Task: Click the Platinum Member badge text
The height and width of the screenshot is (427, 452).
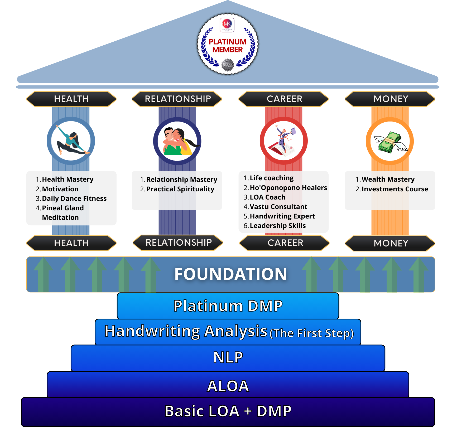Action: tap(228, 46)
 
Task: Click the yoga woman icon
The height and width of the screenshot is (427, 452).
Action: tap(71, 141)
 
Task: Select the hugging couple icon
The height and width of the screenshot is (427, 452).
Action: tap(177, 141)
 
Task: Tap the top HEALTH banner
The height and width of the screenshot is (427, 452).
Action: tap(71, 99)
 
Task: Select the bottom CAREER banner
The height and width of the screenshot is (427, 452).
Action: tap(285, 243)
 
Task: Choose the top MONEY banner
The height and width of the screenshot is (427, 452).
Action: tap(391, 99)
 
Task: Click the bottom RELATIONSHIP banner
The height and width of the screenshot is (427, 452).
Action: tap(179, 242)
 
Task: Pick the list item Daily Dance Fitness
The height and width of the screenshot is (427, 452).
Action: tap(74, 198)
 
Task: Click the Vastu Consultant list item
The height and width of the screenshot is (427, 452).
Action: tap(278, 207)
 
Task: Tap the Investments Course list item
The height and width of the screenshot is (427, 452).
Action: tap(395, 189)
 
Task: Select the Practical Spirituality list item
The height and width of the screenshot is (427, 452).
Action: tap(180, 189)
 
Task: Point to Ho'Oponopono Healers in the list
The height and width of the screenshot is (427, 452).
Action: tap(288, 188)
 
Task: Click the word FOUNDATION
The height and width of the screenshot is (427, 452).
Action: tap(230, 274)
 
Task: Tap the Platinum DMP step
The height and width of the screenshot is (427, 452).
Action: tap(228, 306)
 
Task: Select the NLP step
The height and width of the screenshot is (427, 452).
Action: tap(228, 358)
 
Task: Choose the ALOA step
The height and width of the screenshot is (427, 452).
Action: tap(228, 386)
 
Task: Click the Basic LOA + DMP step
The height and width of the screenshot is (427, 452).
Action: tap(228, 411)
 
